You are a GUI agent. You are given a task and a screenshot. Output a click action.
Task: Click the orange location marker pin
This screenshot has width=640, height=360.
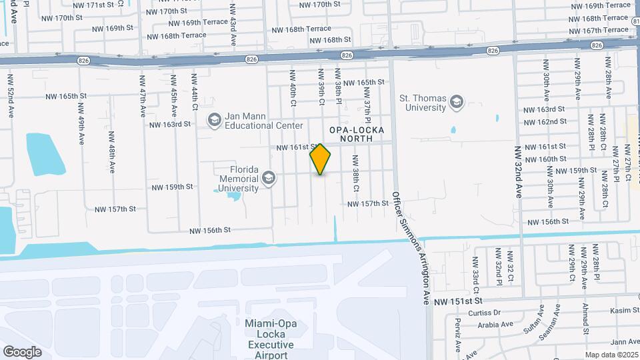click(x=321, y=159)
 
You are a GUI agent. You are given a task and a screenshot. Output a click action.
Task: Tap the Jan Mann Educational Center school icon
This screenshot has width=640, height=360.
click(x=215, y=121)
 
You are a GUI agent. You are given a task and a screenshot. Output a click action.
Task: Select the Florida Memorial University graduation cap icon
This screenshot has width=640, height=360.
click(x=268, y=177)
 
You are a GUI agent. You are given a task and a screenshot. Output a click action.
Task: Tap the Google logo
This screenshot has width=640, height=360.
click(x=22, y=351)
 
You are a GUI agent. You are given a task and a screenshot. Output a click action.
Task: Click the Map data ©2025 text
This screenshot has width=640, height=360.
click(x=611, y=355)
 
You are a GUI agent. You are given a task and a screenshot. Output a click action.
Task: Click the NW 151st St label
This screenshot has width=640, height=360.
click(x=457, y=302)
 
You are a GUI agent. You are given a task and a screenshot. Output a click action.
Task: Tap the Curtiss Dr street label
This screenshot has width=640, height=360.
click(x=483, y=313)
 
